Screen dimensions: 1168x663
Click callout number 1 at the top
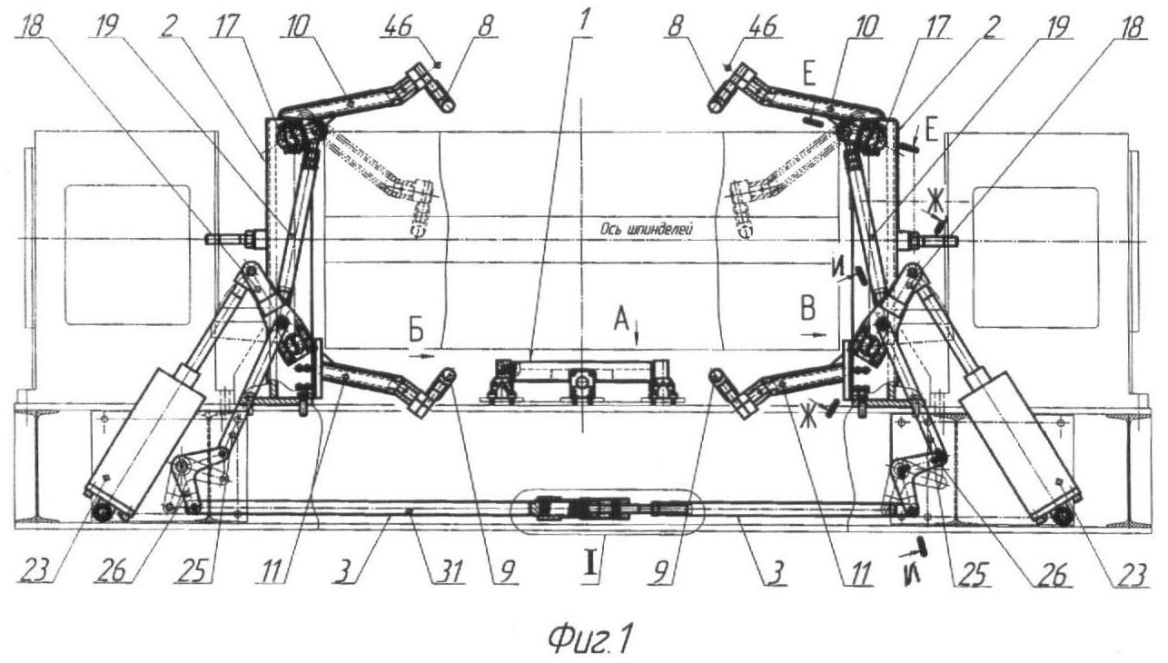(583, 21)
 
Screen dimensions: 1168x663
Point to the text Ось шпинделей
(647, 229)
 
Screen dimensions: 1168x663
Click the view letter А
(621, 319)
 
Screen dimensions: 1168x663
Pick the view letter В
(807, 308)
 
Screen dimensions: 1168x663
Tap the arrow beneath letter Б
(421, 357)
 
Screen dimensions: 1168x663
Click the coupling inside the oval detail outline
(608, 508)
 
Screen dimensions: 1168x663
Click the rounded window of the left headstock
(127, 254)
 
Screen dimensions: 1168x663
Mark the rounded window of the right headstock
(1035, 257)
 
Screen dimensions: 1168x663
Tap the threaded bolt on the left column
(235, 239)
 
